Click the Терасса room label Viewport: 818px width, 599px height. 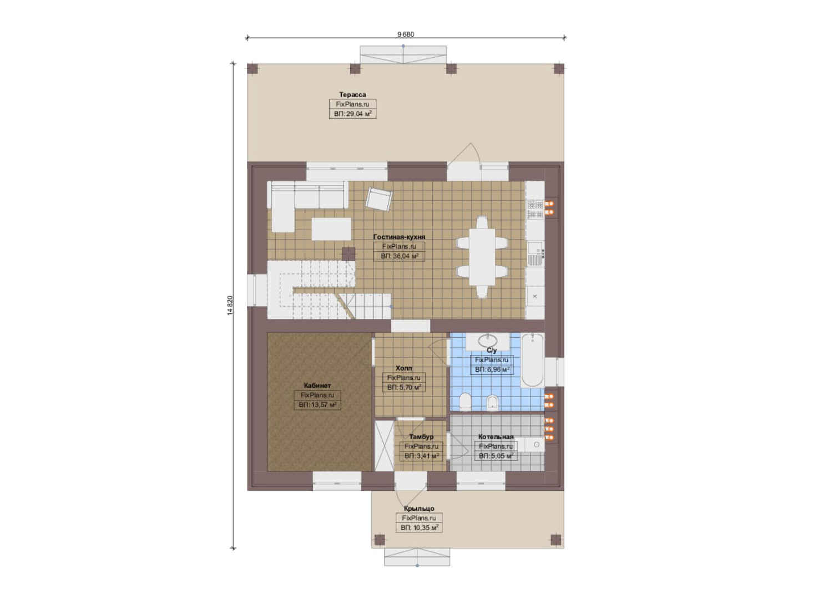click(x=352, y=94)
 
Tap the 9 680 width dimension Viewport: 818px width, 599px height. click(x=406, y=34)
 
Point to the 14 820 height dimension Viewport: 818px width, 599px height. click(x=230, y=305)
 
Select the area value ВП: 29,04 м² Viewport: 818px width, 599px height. click(x=353, y=114)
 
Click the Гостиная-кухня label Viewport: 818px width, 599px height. click(x=399, y=236)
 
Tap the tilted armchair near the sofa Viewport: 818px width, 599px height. click(x=380, y=199)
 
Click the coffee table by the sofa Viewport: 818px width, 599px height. click(x=331, y=229)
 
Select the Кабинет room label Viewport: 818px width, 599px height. click(x=317, y=385)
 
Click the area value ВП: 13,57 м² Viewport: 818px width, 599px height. click(x=317, y=404)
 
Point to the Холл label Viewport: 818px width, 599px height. click(x=404, y=368)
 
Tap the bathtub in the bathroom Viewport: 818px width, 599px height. click(x=532, y=360)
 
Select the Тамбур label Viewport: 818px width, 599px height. click(x=421, y=436)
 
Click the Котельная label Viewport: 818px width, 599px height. click(x=496, y=436)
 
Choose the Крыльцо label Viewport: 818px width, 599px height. click(x=419, y=508)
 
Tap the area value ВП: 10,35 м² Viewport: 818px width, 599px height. click(x=419, y=527)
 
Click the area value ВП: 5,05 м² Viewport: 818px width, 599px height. click(x=496, y=455)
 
